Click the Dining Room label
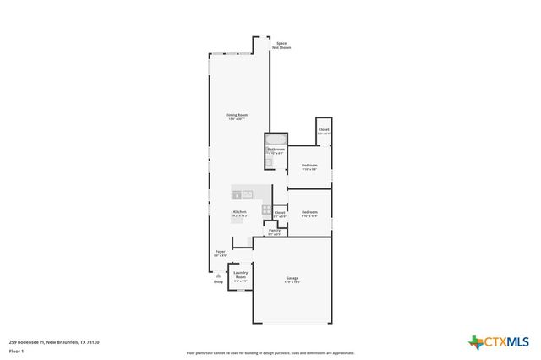tap(236, 116)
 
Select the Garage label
tap(292, 278)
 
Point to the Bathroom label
tap(276, 150)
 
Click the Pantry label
tap(275, 230)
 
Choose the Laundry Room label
tap(240, 275)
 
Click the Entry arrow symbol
tap(218, 275)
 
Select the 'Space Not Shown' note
tap(282, 45)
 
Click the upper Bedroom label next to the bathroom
tap(309, 165)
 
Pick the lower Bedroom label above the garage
tap(309, 212)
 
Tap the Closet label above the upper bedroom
tap(324, 129)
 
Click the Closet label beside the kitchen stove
tap(280, 212)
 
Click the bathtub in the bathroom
tap(276, 139)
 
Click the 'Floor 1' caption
tap(16, 350)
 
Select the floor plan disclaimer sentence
tap(270, 353)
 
